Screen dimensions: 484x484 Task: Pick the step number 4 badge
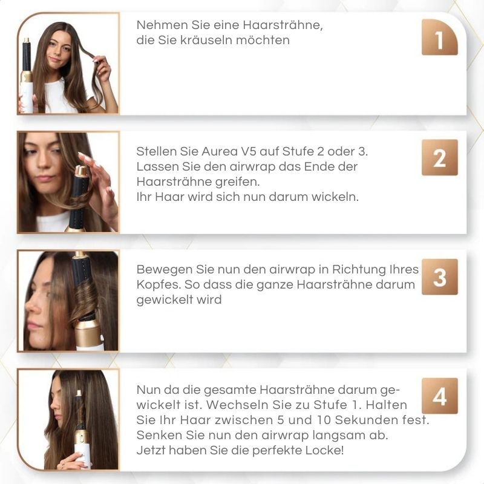[x=439, y=396]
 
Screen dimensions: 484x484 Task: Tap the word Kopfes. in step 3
[x=159, y=284]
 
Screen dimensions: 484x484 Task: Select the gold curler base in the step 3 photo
[x=88, y=333]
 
